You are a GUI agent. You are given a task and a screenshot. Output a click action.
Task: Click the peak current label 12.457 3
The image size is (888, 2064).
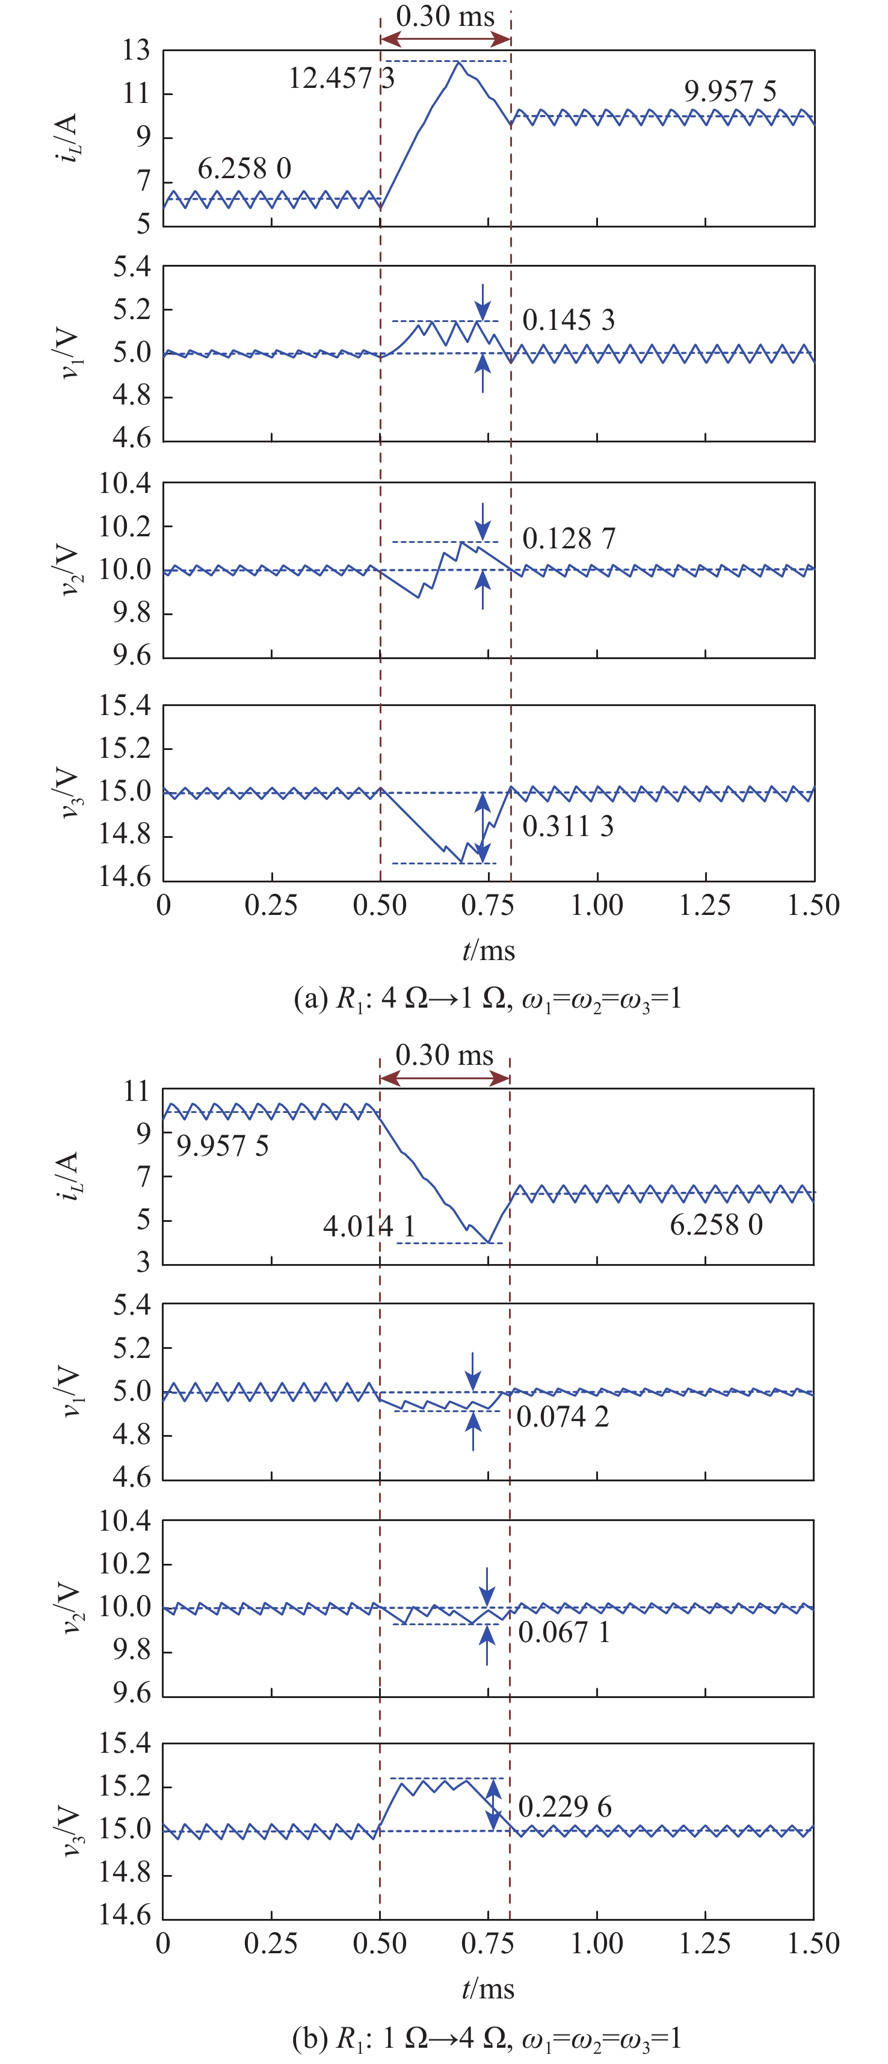(x=341, y=78)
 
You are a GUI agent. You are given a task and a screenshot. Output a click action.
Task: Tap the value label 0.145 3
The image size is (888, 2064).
(x=568, y=320)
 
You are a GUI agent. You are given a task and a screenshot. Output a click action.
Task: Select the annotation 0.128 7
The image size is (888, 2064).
(x=569, y=539)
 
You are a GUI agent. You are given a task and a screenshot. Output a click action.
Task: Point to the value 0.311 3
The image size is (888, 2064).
(x=568, y=826)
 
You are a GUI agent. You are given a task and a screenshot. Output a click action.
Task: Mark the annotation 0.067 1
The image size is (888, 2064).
(x=564, y=1632)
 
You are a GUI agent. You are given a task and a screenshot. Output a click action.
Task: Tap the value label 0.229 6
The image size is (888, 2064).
(x=564, y=1807)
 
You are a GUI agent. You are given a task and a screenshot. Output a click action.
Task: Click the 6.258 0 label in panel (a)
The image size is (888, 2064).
(x=244, y=169)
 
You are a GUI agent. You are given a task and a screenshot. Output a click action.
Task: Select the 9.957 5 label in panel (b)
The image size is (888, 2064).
(x=223, y=1146)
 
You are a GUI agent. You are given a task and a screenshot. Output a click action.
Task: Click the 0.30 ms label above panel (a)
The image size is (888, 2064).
(x=445, y=16)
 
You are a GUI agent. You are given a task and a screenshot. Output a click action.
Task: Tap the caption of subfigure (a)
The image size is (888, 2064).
(x=488, y=999)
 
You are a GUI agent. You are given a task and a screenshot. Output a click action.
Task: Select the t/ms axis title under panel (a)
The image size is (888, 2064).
(x=489, y=951)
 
